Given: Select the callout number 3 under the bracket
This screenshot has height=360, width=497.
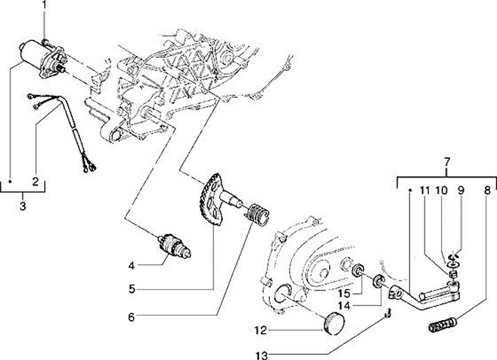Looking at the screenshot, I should click(x=23, y=206).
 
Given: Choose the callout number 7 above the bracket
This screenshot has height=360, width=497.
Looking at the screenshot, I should click(x=447, y=163).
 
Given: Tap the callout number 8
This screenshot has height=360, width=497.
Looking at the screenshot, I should click(x=487, y=189).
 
